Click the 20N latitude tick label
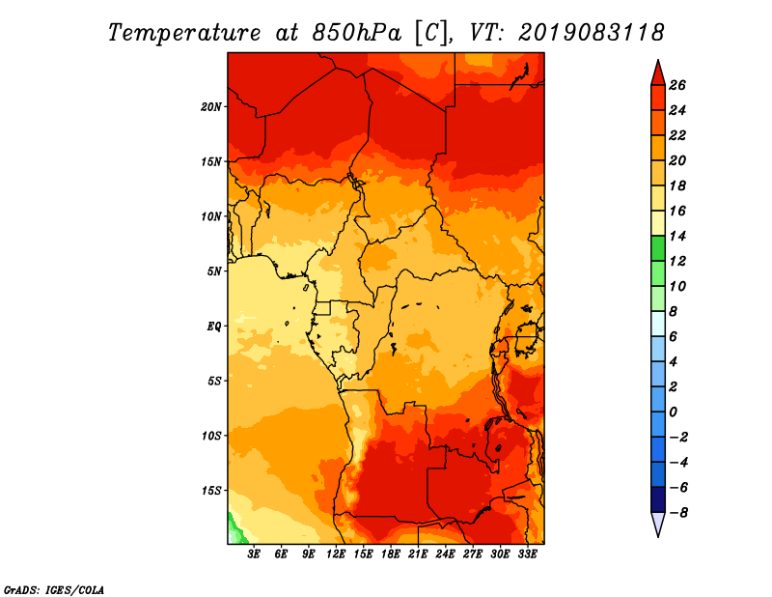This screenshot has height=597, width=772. click(211, 107)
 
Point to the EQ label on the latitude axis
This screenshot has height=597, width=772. click(213, 327)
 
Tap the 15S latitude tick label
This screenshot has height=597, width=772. click(211, 491)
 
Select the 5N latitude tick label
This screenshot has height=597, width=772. click(214, 271)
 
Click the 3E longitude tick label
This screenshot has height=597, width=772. click(254, 554)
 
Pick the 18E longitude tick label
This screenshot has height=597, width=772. click(391, 554)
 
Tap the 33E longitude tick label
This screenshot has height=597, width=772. click(527, 554)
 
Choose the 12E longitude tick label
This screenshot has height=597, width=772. click(336, 554)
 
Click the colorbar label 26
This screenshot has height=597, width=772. click(677, 85)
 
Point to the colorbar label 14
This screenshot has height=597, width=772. click(677, 236)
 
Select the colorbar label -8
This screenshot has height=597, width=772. click(678, 513)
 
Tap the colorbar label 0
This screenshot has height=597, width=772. click(673, 412)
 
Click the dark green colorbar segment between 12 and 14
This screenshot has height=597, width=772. click(658, 248)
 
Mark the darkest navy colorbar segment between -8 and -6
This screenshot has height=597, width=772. click(658, 499)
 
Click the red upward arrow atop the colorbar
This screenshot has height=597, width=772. click(658, 72)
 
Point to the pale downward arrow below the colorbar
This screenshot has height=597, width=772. click(658, 525)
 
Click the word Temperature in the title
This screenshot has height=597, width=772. click(184, 33)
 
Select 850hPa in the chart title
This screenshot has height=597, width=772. click(357, 33)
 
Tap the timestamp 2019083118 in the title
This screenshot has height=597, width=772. click(591, 33)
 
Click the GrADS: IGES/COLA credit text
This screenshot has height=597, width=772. click(54, 590)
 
